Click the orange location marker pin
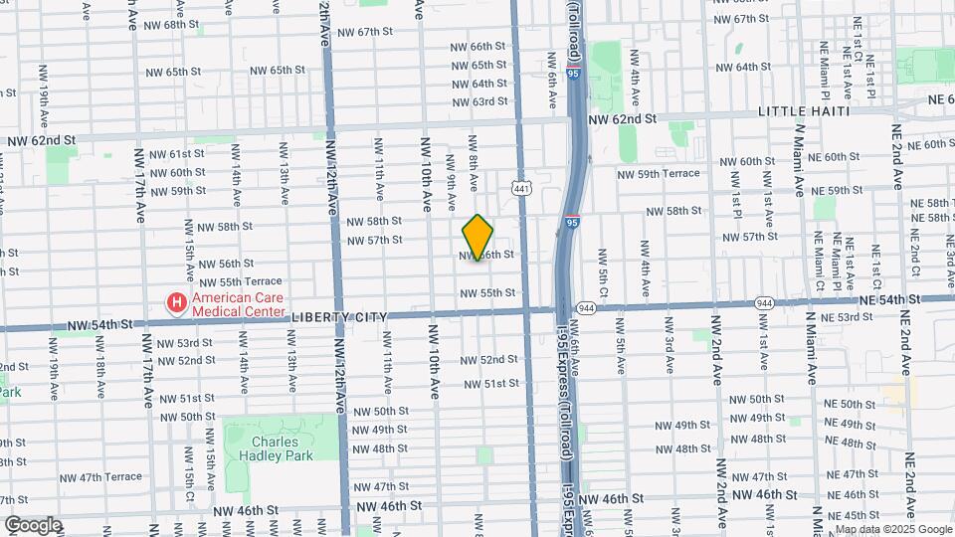(x=477, y=238)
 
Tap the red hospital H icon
(x=176, y=301)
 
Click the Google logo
(x=32, y=525)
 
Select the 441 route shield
(x=520, y=187)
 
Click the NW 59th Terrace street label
(x=659, y=174)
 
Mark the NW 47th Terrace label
(x=110, y=477)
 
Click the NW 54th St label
(x=99, y=325)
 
